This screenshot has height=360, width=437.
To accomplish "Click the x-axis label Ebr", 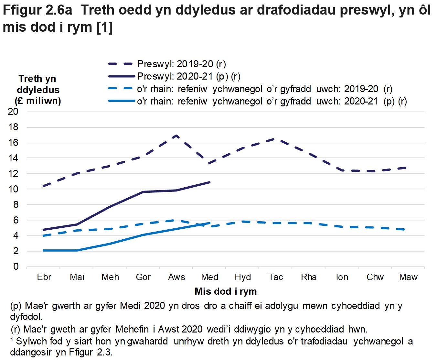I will point(44,277).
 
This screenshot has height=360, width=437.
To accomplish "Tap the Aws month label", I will point(176,277).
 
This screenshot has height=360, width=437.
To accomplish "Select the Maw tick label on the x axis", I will point(408,277).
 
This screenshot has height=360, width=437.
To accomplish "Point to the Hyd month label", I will point(243,277).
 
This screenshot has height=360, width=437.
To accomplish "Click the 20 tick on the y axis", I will point(13,112).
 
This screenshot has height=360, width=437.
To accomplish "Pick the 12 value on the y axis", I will point(13,174).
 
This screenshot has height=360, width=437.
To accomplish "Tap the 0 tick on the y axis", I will point(16,267).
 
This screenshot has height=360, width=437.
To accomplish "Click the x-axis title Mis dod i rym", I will point(226,291).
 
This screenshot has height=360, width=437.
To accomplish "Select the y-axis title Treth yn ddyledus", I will point(38,90).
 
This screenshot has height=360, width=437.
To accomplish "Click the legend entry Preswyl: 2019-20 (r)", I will point(181,64).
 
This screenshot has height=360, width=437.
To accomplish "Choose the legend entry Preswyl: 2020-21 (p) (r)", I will point(189,76).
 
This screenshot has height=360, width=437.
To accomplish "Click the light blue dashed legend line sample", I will point(121,89).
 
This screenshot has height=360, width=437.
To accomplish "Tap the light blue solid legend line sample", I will point(121,101).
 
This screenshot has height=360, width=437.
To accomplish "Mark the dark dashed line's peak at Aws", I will point(176,136).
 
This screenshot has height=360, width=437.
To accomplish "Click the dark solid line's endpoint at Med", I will point(210,182).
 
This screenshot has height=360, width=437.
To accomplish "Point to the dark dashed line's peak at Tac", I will point(275,139).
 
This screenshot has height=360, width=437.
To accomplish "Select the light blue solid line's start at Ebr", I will point(44,250).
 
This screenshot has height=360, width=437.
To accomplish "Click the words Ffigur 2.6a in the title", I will point(37,10).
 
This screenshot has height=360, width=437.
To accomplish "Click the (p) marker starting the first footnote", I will point(16,306).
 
